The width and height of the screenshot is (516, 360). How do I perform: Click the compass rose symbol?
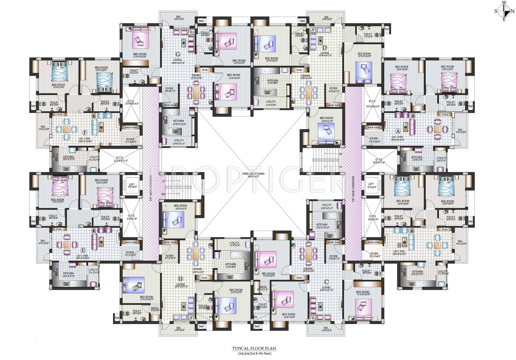[504, 10]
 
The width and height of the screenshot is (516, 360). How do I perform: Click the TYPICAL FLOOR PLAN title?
[257, 348]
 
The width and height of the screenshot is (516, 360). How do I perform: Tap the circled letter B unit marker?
[399, 244]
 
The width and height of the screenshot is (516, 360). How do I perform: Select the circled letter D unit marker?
[324, 46]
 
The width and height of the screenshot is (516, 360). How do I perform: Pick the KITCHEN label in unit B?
[417, 271]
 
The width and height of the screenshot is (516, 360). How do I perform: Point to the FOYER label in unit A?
[374, 139]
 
